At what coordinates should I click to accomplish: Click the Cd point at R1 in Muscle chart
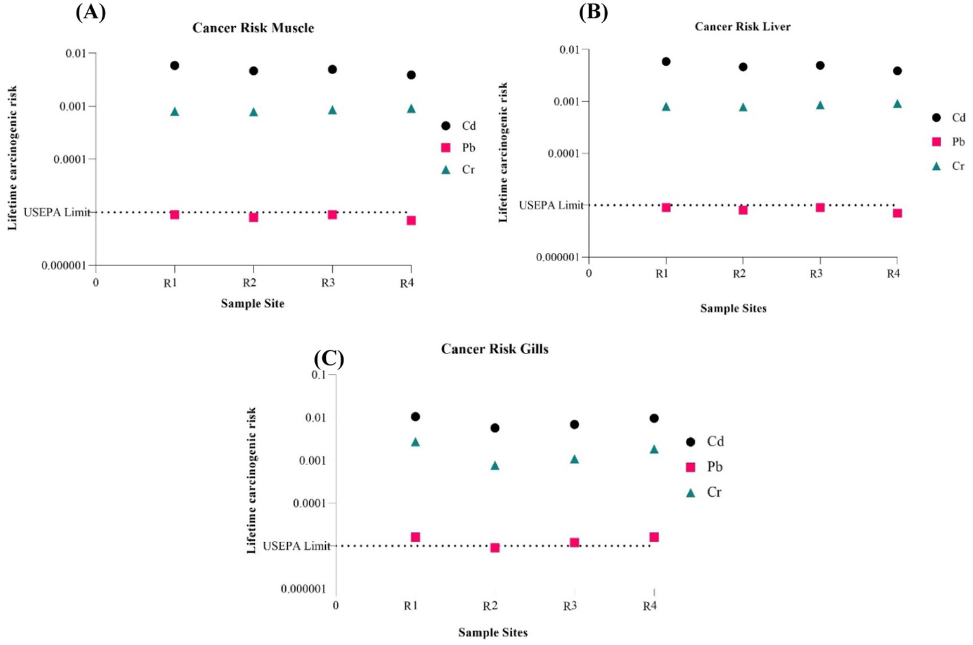[174, 65]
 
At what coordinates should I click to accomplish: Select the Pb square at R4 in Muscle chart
[411, 220]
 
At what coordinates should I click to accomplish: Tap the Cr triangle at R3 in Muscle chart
[332, 110]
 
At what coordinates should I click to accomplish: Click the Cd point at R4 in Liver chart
[897, 71]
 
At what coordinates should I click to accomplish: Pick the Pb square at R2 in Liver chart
[743, 210]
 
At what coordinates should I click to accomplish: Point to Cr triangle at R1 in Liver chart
[666, 106]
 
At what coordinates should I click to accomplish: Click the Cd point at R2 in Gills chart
[494, 428]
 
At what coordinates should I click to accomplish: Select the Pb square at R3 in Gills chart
[574, 542]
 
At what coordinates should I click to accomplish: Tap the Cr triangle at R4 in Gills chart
[654, 449]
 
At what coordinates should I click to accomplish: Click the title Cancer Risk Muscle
[253, 28]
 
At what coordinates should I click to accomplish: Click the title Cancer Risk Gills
[494, 349]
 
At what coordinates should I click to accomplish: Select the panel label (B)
[593, 13]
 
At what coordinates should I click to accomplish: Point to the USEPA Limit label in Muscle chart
[56, 212]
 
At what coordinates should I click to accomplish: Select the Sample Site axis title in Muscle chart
[252, 303]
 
